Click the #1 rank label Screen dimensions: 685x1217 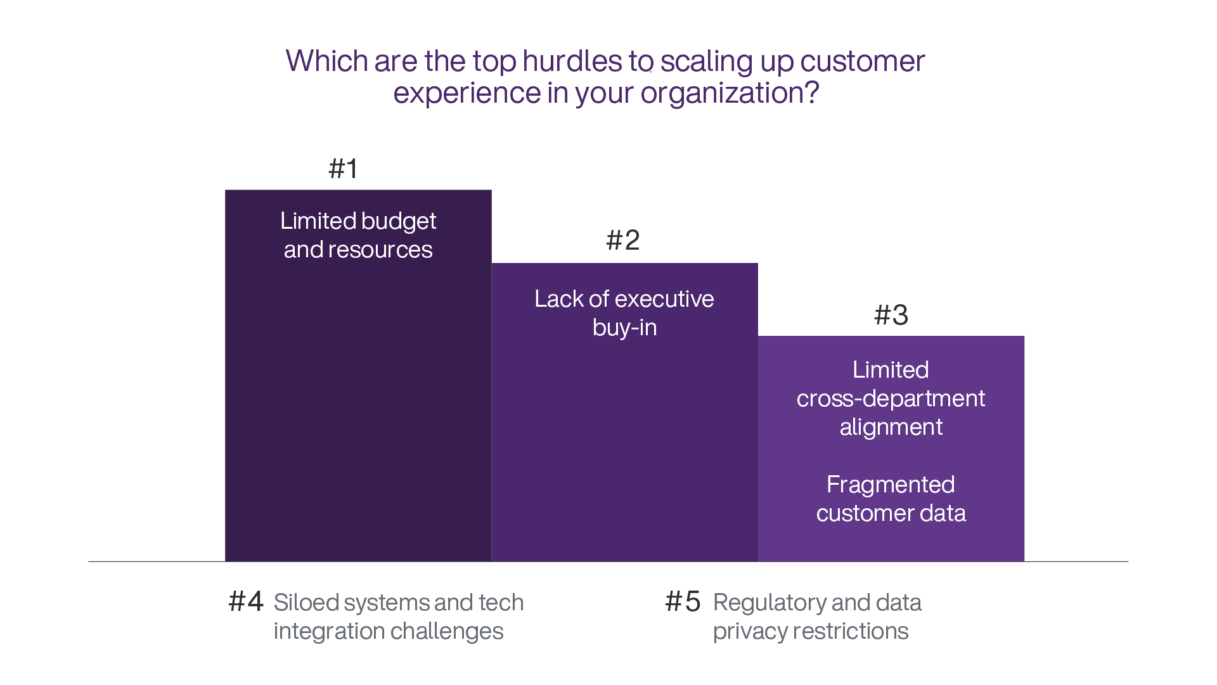[x=343, y=169]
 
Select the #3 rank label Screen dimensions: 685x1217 [x=891, y=316]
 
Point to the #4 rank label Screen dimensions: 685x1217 [x=246, y=602]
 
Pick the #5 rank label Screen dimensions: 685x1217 [x=683, y=602]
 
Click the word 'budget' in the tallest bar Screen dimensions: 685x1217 [x=399, y=222]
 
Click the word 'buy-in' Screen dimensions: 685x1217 [x=624, y=328]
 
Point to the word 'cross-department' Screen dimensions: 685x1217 [x=891, y=399]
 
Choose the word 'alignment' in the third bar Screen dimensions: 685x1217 [x=891, y=428]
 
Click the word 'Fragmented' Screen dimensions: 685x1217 [x=891, y=485]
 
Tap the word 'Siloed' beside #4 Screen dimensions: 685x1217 [x=306, y=603]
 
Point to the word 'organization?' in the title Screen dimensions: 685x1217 [x=730, y=93]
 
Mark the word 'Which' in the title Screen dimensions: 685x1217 [x=326, y=61]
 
